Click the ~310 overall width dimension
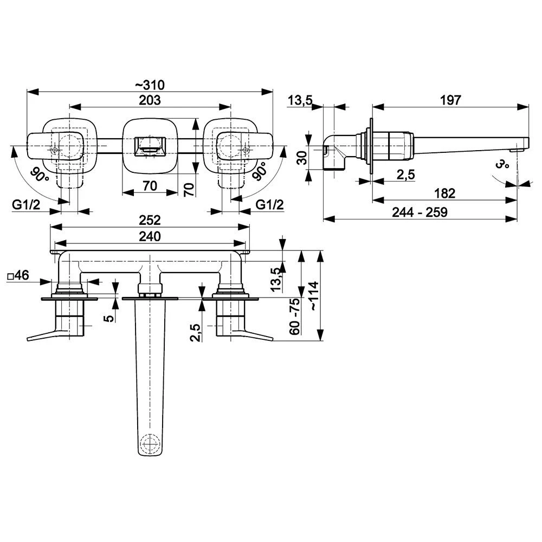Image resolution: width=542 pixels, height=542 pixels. pos(150,85)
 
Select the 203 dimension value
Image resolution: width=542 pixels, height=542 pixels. pos(150,100)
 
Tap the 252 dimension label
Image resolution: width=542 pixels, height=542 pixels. pos(150,220)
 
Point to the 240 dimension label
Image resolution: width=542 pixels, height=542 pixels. pos(150,236)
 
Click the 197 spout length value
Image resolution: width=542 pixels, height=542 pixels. pos(450,100)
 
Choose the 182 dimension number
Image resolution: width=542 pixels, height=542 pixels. pos(444,193)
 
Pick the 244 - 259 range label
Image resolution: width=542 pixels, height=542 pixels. pos(420,212)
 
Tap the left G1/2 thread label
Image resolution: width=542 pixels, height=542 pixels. pos(26,205)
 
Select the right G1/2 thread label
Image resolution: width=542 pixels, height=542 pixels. pos(269,205)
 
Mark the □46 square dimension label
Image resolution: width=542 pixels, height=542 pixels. pos(18,275)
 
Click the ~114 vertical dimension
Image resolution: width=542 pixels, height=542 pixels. pos(314,296)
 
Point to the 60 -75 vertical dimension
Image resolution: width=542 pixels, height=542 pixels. pos(294,316)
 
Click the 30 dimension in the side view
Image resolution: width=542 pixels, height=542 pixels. pos(302,158)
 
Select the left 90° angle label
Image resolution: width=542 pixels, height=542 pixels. pos(39,175)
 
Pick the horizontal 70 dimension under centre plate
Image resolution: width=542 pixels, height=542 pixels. pos(150,186)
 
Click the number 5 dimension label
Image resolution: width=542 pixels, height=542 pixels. pos(109,318)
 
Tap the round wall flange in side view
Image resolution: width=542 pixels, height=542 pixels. pos(371,147)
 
